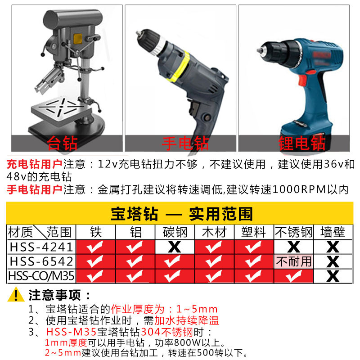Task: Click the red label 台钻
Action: point(62,143)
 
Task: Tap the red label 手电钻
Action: point(185,144)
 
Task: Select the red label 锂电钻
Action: point(302,143)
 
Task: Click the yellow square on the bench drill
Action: point(77,39)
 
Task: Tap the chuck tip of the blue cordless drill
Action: point(259,50)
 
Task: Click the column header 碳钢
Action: point(175,232)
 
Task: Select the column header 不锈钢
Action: point(293,232)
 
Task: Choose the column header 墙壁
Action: point(333,232)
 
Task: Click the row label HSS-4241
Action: point(41,247)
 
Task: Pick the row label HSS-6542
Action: point(41,261)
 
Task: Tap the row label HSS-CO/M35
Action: point(41,276)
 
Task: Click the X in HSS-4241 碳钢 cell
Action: point(175,247)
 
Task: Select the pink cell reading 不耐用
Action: point(293,261)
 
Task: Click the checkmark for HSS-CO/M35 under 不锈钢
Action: point(293,276)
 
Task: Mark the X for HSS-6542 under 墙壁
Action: point(333,262)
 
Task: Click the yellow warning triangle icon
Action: point(16,295)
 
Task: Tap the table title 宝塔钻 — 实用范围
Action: point(182,214)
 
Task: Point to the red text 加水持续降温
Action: point(187,320)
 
